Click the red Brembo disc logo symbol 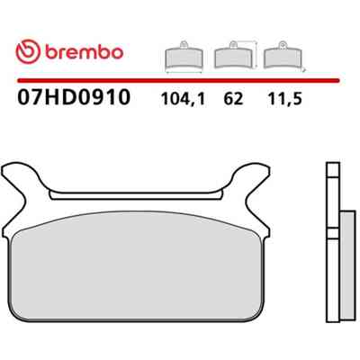[x=28, y=51]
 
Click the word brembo [x=85, y=52]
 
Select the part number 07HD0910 [x=74, y=97]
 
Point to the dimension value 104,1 [x=183, y=99]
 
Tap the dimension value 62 [x=233, y=99]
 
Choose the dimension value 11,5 [x=284, y=99]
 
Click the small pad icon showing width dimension [x=184, y=58]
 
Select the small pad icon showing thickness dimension [x=283, y=56]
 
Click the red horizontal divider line [x=178, y=81]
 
